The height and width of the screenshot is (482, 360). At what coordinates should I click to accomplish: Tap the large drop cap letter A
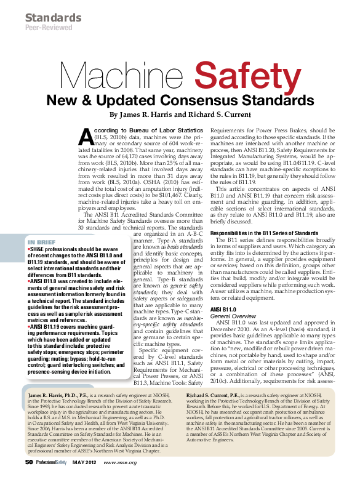[88, 136]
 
